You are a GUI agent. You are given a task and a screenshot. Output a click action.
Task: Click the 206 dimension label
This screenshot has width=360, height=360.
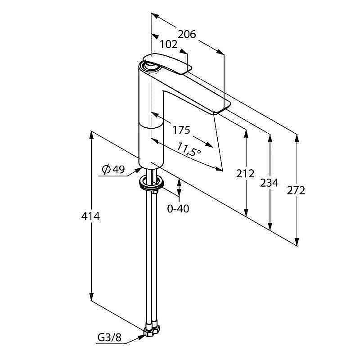187,35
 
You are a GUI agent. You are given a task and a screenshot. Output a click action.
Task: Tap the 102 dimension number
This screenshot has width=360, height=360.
169,45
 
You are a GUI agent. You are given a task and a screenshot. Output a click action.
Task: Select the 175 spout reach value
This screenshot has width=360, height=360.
181,130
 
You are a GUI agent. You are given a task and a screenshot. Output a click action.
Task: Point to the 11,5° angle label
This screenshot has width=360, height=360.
189,149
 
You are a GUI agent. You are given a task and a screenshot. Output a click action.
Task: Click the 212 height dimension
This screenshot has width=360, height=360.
245,174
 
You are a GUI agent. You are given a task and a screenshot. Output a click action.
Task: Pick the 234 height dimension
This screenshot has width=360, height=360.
269,183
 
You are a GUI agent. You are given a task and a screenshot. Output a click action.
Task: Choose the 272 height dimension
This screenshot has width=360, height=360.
296,190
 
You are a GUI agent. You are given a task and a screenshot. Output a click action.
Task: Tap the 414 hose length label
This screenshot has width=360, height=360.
91,216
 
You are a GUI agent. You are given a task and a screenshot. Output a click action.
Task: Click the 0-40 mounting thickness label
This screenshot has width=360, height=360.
178,209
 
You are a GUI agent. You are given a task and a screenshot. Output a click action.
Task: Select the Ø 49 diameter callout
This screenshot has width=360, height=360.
113,170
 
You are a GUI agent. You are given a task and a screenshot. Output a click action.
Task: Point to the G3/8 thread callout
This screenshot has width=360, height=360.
109,337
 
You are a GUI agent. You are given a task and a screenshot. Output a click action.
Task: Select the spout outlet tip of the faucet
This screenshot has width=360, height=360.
221,107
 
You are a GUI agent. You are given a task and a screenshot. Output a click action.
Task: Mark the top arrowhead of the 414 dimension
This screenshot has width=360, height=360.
91,135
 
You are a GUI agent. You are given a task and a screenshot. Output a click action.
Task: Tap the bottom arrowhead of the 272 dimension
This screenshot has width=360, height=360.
297,241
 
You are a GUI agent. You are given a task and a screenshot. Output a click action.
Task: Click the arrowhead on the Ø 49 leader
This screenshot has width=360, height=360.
138,170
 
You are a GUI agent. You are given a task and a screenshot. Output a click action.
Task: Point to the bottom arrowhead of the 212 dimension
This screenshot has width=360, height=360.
246,212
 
